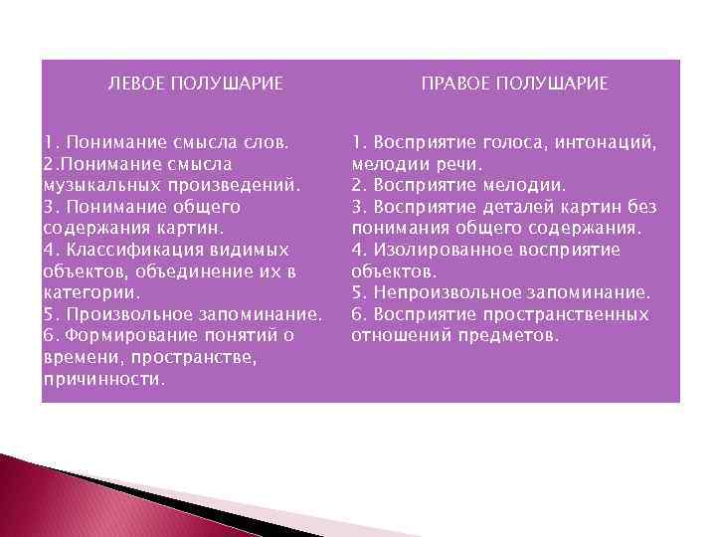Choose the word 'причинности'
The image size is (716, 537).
pos(103,380)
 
